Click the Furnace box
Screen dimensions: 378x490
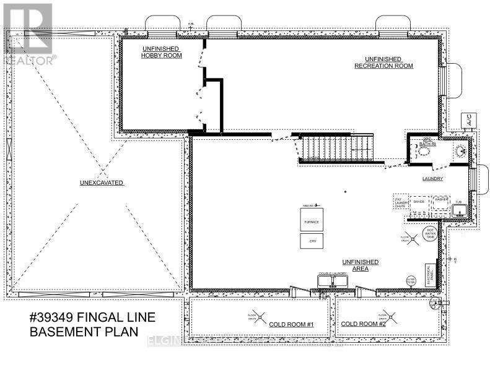point(311,220)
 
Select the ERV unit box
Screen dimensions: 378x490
point(311,241)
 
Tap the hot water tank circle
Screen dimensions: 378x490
point(429,234)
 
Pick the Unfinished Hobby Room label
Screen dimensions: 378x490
point(160,52)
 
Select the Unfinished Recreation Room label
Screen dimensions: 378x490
point(383,62)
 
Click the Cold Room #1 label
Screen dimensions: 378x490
point(292,324)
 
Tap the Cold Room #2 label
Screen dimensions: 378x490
point(364,324)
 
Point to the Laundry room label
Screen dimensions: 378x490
point(432,179)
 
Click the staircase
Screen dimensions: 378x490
point(338,148)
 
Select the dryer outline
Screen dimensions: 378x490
point(419,202)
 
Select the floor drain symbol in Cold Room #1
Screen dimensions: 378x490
point(253,315)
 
